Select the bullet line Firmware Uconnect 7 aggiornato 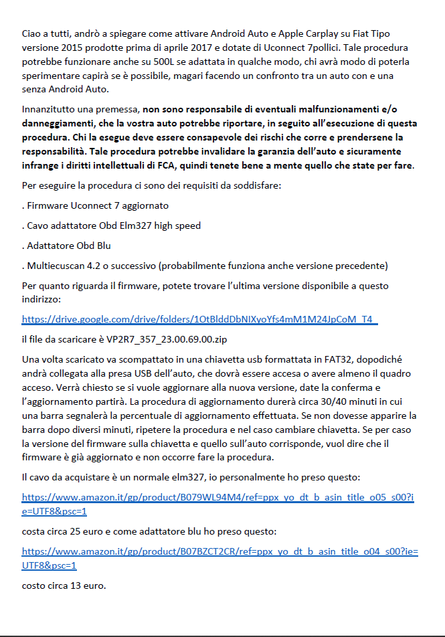pyautogui.click(x=96, y=205)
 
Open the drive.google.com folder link pyautogui.click(x=199, y=321)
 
